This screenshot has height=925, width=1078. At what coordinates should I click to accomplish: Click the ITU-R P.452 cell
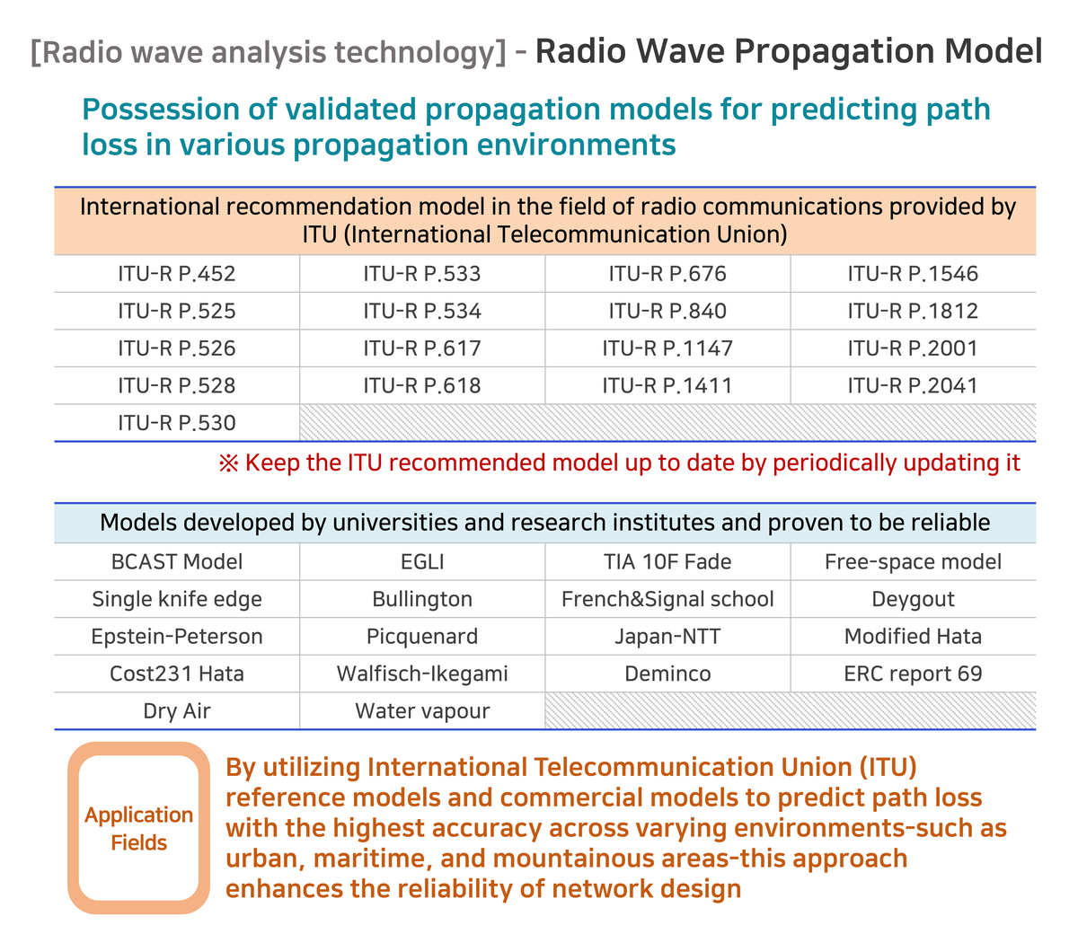[177, 274]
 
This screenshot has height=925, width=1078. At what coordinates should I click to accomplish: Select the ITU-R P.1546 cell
[913, 274]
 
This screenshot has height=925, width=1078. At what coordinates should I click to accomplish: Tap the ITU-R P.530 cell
[177, 423]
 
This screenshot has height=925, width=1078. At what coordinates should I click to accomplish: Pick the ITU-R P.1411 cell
[667, 386]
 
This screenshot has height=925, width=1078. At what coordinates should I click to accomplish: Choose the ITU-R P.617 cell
[422, 348]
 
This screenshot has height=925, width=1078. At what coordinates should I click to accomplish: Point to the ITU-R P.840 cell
[667, 312]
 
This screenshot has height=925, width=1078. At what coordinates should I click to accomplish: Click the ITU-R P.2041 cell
[913, 386]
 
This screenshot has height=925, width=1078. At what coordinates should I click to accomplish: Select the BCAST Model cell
[177, 562]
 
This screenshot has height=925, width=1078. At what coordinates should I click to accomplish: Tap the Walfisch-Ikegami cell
[422, 674]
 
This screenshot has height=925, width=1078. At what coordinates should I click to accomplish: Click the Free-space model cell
[913, 562]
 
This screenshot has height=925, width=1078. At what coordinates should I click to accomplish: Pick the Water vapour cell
[422, 711]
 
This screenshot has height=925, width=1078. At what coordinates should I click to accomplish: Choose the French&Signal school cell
[667, 599]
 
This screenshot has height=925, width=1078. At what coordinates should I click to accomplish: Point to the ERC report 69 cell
[913, 674]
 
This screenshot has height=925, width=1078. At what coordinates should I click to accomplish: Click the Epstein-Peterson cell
[177, 637]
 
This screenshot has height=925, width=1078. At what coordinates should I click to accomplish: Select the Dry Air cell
[177, 711]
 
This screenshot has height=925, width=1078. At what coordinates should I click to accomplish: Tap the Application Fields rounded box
[139, 828]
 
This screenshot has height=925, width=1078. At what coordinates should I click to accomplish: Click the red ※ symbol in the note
[228, 463]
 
